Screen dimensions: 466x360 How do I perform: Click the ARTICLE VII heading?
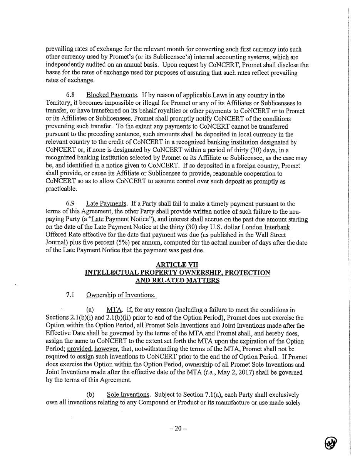coord(177,265)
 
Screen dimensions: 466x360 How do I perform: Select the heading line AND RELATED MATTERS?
coord(177,280)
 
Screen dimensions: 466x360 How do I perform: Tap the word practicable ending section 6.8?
coord(60,189)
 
